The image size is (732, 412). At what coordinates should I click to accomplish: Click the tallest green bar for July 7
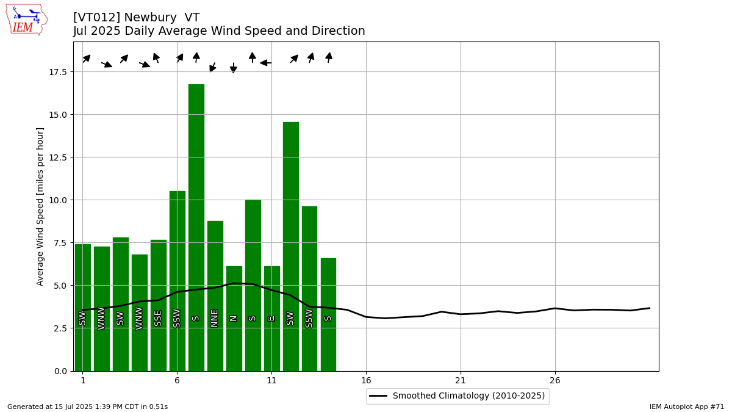pyautogui.click(x=196, y=228)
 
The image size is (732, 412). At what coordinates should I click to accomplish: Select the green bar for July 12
pyautogui.click(x=291, y=247)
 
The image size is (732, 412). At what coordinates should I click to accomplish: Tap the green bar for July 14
pyautogui.click(x=328, y=314)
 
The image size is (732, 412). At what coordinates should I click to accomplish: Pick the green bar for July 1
pyautogui.click(x=83, y=308)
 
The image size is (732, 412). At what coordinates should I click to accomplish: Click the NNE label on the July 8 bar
pyautogui.click(x=214, y=319)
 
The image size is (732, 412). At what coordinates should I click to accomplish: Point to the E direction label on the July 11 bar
pyautogui.click(x=271, y=319)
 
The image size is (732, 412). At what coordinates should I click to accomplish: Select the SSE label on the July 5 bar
pyautogui.click(x=158, y=319)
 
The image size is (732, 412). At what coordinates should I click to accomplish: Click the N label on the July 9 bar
pyautogui.click(x=233, y=319)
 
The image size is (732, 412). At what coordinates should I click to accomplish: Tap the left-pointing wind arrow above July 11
pyautogui.click(x=266, y=63)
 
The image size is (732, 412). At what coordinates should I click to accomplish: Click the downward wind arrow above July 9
pyautogui.click(x=233, y=68)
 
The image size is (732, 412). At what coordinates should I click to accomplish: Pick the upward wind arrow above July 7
pyautogui.click(x=196, y=57)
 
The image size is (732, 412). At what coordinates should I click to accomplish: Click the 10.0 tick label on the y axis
pyautogui.click(x=58, y=200)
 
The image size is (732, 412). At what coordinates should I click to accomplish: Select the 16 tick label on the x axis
pyautogui.click(x=367, y=381)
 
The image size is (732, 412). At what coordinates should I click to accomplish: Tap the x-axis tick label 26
pyautogui.click(x=555, y=381)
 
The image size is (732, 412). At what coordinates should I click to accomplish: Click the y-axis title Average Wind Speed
pyautogui.click(x=40, y=207)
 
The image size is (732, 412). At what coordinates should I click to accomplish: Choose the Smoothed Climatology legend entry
pyautogui.click(x=457, y=396)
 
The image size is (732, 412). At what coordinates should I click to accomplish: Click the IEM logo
pyautogui.click(x=26, y=20)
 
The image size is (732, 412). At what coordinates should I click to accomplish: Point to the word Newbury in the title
pyautogui.click(x=151, y=17)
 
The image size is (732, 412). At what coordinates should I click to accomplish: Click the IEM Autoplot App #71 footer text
pyautogui.click(x=687, y=407)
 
